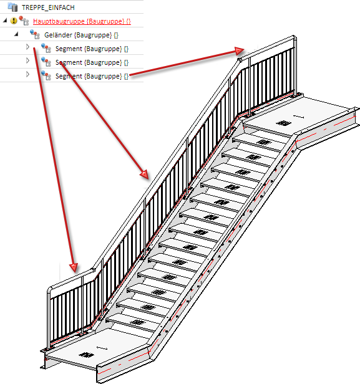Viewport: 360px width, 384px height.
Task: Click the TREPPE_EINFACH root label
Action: coord(48,7)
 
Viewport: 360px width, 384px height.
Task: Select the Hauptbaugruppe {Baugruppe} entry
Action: coord(82,21)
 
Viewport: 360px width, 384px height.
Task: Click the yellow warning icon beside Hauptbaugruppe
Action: coord(14,21)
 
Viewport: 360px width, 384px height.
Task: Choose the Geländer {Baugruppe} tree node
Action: coord(81,35)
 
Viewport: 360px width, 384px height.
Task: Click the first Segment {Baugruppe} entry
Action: coord(92,49)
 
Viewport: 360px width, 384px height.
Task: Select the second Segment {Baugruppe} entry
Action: coord(92,62)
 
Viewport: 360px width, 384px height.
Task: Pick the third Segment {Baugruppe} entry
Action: coord(92,76)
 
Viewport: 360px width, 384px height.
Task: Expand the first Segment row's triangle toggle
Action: coord(27,47)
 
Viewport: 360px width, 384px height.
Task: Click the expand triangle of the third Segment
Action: coord(27,74)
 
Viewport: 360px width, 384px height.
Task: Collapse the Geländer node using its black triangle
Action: coord(16,34)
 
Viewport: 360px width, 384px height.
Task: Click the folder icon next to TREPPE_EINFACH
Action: coord(12,7)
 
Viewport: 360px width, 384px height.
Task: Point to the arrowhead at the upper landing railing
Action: coord(239,50)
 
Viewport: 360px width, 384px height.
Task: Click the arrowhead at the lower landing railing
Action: coord(74,267)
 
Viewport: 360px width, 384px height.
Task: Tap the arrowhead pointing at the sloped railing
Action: coord(145,174)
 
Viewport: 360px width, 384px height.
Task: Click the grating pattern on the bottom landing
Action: coord(86,355)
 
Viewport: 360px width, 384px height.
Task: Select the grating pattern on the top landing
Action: coord(284,123)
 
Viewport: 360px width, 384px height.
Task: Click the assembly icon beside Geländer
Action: coord(35,34)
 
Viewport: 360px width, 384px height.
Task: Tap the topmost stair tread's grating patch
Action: coord(263,142)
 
